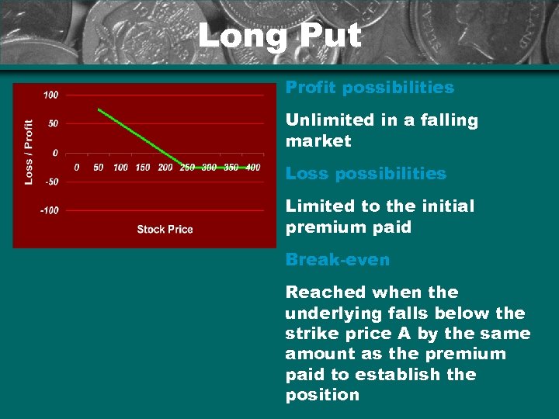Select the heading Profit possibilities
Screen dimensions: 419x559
coord(370,88)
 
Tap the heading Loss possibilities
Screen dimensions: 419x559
coord(366,174)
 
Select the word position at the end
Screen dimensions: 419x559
coord(322,395)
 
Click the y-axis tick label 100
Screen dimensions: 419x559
coord(50,95)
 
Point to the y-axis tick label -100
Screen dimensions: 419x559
coord(48,210)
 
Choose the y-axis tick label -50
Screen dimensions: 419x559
coord(50,182)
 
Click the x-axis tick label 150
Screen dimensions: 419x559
coord(143,167)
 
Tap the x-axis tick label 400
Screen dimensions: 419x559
coord(252,167)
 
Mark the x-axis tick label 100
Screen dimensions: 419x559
coord(120,167)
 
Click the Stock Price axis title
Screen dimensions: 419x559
coord(165,229)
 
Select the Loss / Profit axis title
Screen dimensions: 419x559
coord(29,151)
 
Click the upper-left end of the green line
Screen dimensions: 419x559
coord(99,109)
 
